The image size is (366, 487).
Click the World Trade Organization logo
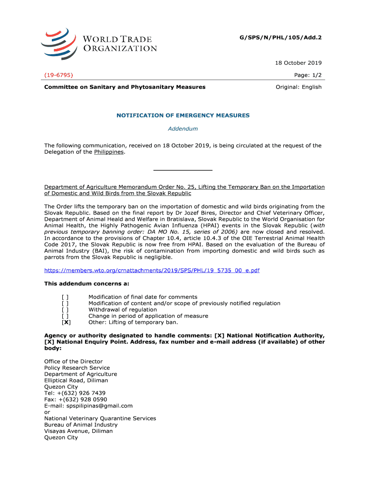point(98,43)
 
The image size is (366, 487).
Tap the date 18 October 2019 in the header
point(298,63)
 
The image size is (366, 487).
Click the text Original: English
point(299,87)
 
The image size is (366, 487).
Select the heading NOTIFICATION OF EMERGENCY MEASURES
point(183,116)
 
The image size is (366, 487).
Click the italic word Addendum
point(183,128)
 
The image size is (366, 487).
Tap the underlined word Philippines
point(109,152)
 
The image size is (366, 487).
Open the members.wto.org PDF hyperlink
point(152,270)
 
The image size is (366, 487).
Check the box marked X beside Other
point(66,322)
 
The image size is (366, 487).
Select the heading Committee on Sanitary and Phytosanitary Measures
point(125,87)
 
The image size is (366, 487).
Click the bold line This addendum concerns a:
point(83,283)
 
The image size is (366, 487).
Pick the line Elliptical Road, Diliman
point(76,380)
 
